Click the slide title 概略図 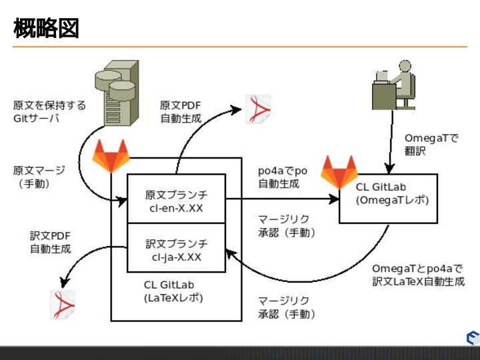click(46, 28)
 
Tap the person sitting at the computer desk click(393, 86)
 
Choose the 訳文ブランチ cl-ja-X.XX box click(176, 248)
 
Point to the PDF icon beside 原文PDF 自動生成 click(258, 109)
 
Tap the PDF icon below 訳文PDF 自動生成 click(63, 304)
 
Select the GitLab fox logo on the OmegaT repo click(339, 171)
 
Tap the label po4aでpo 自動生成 click(283, 177)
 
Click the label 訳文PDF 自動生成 click(50, 242)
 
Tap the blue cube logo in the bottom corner click(472, 337)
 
